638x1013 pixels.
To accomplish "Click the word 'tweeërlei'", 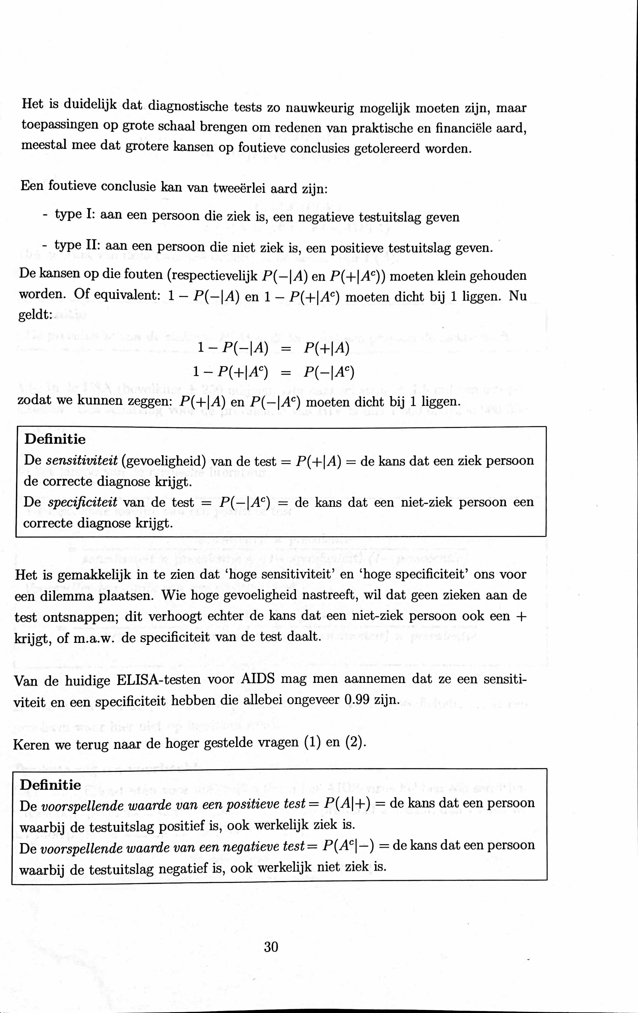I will (239, 188).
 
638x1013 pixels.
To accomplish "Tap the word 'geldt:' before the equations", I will (34, 316).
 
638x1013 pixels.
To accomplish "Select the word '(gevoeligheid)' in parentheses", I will (163, 461).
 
